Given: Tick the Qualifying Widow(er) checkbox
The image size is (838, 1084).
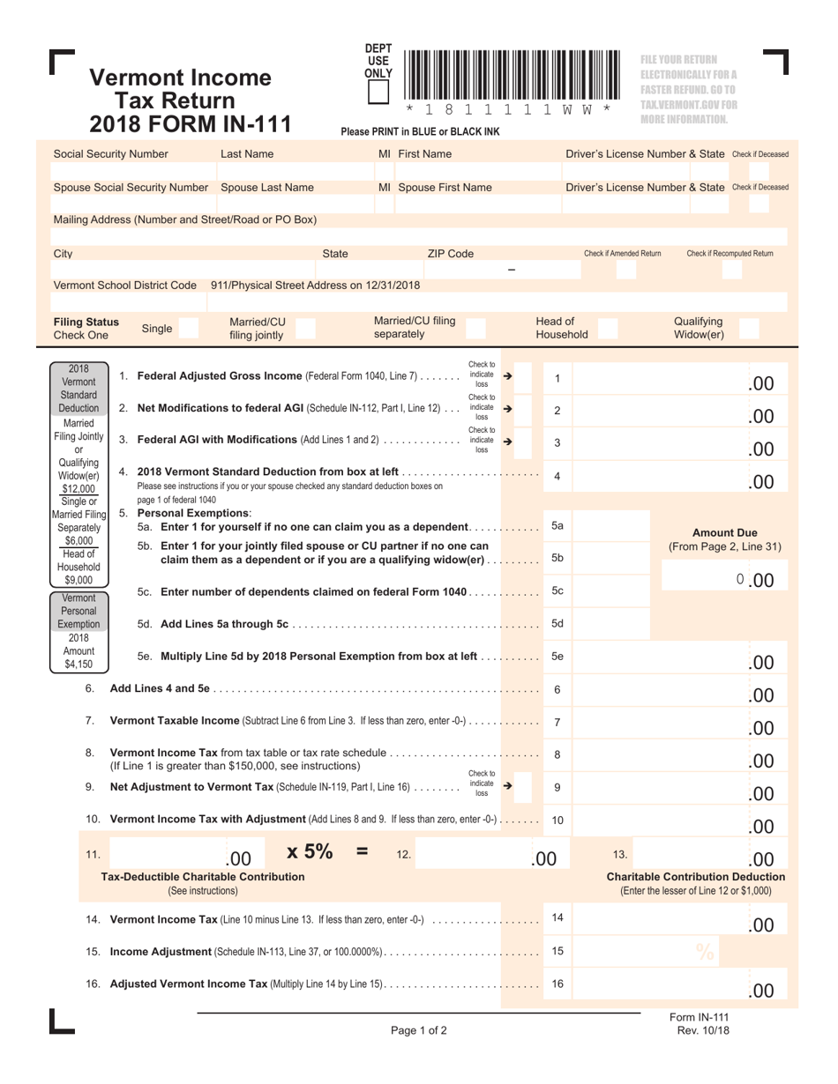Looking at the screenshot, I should pyautogui.click(x=749, y=329).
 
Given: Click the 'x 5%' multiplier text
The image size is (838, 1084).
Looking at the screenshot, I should pyautogui.click(x=310, y=852).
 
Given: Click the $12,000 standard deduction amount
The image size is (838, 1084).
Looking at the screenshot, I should pyautogui.click(x=79, y=488).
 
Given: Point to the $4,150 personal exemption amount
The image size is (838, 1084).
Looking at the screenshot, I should pyautogui.click(x=79, y=664).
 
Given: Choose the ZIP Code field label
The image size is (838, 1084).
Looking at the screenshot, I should pyautogui.click(x=450, y=254).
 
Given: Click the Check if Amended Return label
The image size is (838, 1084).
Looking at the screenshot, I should pyautogui.click(x=622, y=254).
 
